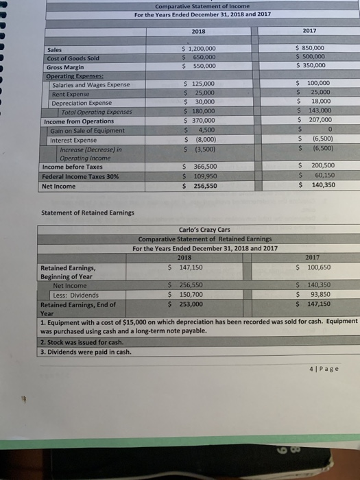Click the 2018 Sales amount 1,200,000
click(x=198, y=49)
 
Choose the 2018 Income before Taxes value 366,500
click(x=200, y=167)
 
